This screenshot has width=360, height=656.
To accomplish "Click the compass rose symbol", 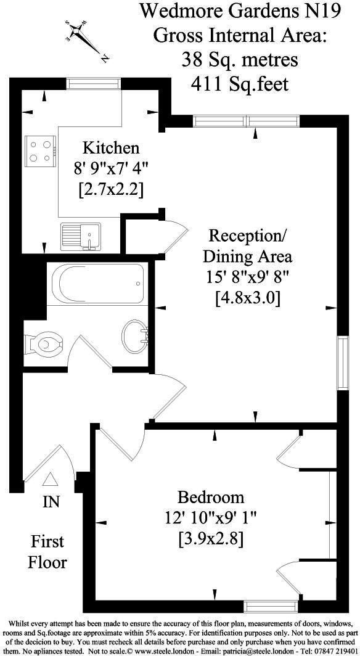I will (x=85, y=38).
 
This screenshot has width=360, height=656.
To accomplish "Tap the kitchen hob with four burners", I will (x=41, y=150).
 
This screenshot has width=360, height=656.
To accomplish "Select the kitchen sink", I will (x=81, y=236).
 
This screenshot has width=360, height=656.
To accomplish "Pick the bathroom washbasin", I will (x=135, y=335).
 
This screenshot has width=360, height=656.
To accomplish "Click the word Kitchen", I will (x=112, y=148).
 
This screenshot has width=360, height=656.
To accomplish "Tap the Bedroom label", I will (x=211, y=497).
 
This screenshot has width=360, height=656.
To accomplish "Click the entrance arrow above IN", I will (x=51, y=479).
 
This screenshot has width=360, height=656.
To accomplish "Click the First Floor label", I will (x=48, y=552).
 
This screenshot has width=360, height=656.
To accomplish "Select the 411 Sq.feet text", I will (x=240, y=83).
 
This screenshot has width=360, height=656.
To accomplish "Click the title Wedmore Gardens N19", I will (x=240, y=10).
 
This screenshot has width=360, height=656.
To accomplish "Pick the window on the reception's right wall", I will (x=342, y=362).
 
